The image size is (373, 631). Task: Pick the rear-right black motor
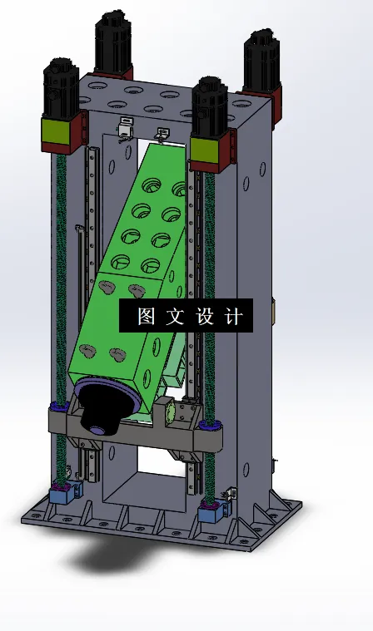pos(261,61)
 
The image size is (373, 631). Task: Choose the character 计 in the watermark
pos(234,317)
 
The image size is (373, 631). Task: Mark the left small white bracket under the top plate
pos(125,128)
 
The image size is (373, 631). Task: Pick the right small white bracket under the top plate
pos(162,132)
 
